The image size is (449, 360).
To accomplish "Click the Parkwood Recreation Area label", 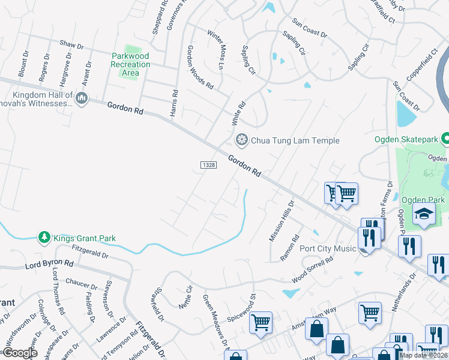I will pos(130,64).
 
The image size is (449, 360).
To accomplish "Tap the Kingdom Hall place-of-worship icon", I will pos(82,97).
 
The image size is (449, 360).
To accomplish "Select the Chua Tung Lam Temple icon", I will pos(241,140).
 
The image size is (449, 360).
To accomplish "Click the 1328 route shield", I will pos(208,164).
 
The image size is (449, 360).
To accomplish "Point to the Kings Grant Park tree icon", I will pos(44,238).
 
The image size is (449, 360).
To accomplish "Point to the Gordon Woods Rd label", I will pos(200,67).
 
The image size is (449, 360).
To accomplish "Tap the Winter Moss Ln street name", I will pos(215,49).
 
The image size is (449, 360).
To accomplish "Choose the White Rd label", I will pos(239,113).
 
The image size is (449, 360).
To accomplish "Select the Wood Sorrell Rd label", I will pos(312,271).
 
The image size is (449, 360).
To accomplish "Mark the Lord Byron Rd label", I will pos(49,263).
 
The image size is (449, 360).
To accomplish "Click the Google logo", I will pos(20,353).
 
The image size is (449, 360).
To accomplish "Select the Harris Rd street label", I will pos(175,103).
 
